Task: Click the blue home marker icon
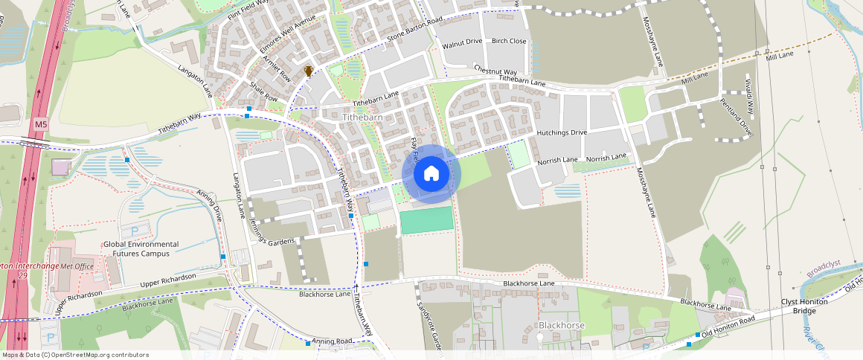(431, 174)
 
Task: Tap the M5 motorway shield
(40, 125)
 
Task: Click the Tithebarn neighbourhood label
(362, 118)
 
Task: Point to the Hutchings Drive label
(562, 132)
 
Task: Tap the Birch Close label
(509, 41)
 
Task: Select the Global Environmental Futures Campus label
(141, 248)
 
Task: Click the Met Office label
(78, 266)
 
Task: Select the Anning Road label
(331, 341)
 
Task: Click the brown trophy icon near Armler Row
(309, 71)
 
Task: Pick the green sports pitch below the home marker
(426, 220)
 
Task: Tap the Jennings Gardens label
(273, 233)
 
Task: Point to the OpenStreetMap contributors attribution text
(75, 355)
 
